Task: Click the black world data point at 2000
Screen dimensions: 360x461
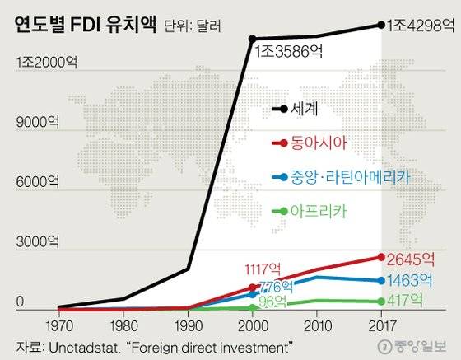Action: click(x=252, y=39)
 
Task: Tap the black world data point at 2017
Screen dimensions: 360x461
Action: click(x=380, y=25)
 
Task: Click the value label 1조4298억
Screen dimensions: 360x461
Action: click(x=419, y=25)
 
